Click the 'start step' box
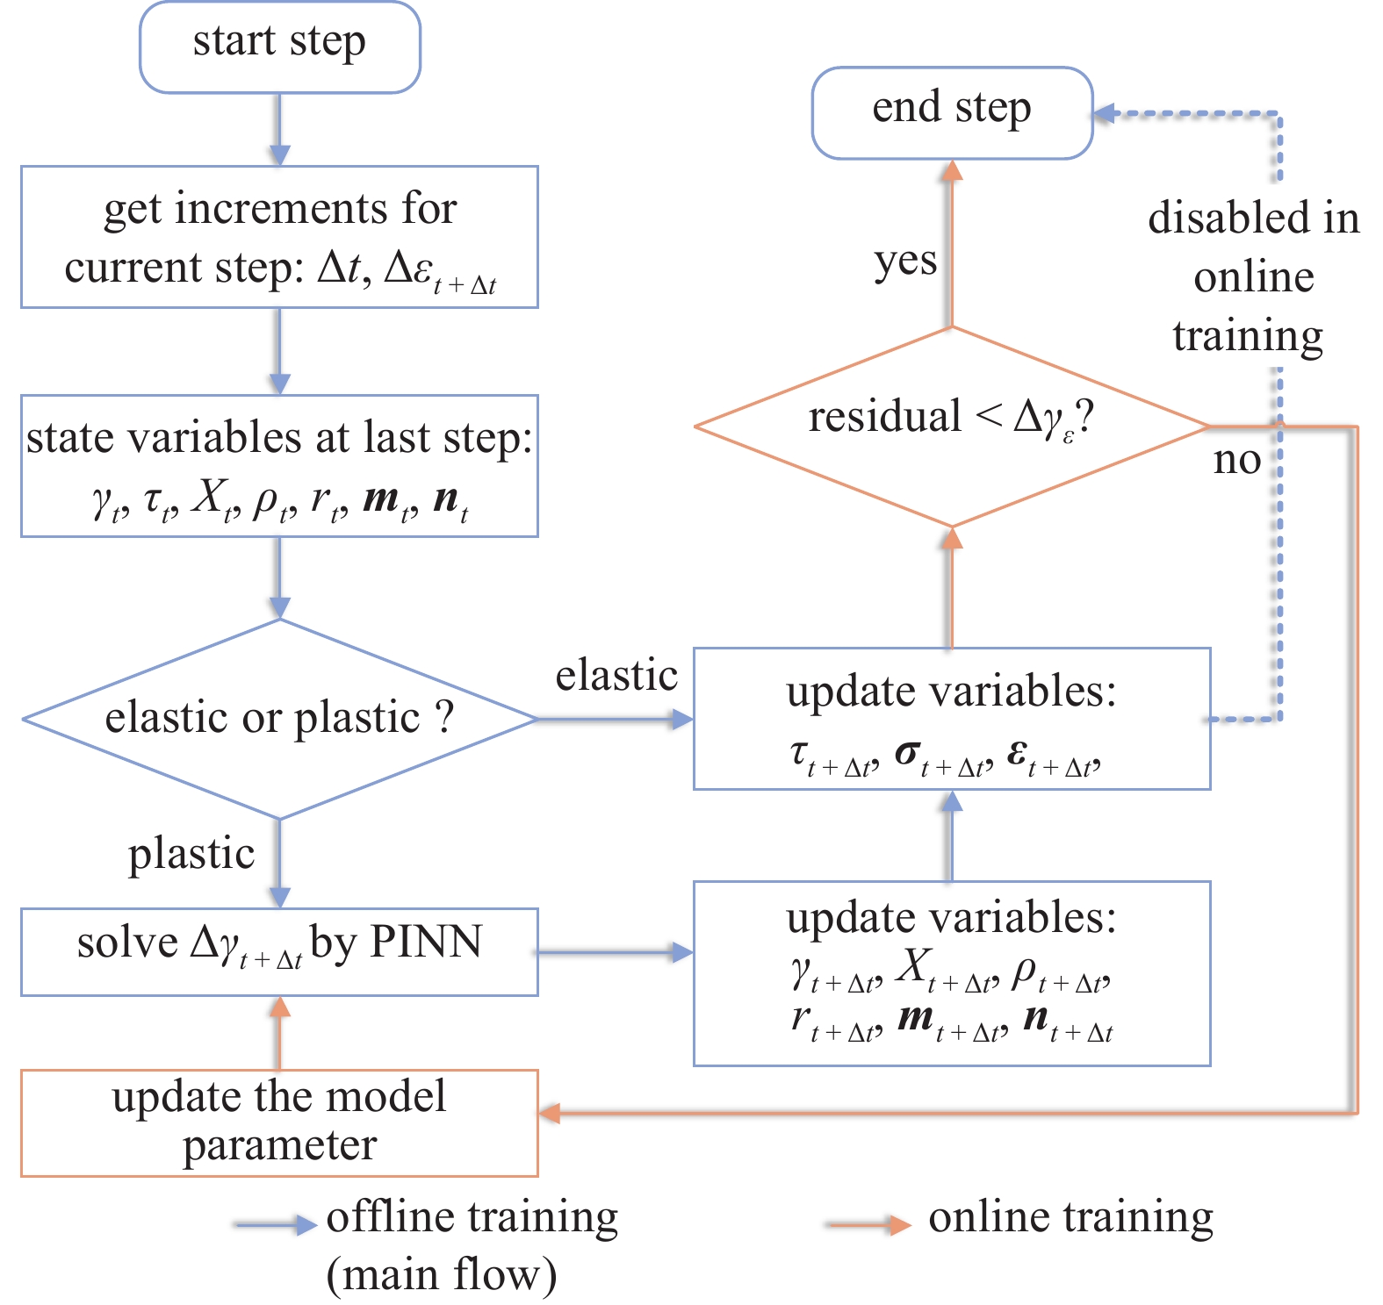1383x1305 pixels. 279,47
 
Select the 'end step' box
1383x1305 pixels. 952,112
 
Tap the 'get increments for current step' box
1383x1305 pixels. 279,236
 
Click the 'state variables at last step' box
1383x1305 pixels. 279,465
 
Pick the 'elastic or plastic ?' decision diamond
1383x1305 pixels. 279,719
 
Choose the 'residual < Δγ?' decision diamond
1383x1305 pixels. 952,427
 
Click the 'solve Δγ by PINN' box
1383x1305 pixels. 279,951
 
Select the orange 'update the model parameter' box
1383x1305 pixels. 279,1122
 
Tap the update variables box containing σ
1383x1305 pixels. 952,719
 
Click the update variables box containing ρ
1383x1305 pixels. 952,973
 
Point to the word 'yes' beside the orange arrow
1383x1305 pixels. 905,262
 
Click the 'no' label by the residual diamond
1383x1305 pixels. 1236,460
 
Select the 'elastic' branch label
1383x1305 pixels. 616,676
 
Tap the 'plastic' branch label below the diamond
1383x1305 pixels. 191,854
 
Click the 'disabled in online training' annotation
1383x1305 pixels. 1252,277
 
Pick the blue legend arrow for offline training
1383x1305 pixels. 276,1224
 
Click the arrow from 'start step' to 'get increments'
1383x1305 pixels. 279,129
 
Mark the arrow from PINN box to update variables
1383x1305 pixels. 615,951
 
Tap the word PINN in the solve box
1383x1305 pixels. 426,943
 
